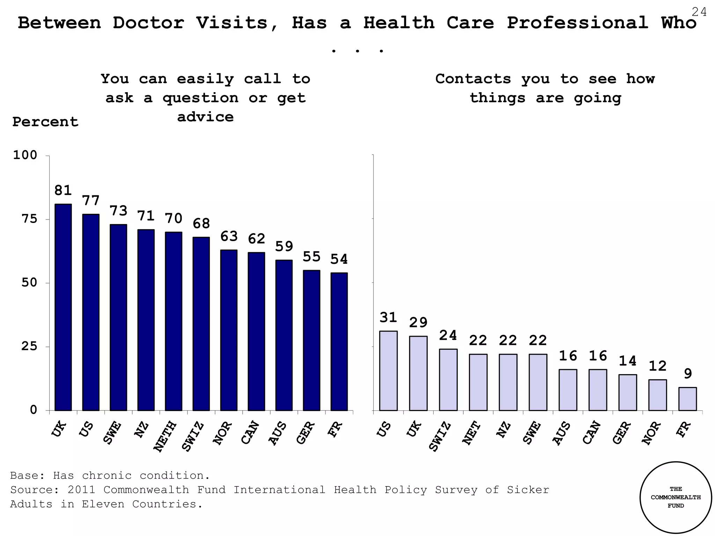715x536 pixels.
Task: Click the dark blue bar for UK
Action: coord(63,307)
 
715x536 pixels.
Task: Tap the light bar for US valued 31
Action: coord(388,371)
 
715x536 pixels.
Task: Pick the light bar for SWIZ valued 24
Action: coord(448,380)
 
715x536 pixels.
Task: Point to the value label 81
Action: coord(63,191)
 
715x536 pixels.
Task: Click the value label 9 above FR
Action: coord(688,374)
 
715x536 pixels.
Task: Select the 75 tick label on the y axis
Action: coord(30,219)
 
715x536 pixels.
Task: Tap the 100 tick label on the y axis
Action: coord(25,155)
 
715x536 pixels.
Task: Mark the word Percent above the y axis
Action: coord(45,122)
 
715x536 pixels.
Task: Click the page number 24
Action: coord(699,12)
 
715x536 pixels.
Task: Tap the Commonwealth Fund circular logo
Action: coord(676,497)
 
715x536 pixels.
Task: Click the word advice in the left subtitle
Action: coord(205,117)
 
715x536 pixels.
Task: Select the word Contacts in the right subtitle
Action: coord(473,79)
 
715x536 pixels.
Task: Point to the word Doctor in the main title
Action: coord(148,23)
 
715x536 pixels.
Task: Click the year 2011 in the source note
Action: coord(82,490)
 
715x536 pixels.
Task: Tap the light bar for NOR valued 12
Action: coord(657,395)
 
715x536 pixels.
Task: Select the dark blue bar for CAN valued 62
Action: coord(256,331)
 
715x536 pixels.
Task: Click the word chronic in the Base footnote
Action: coord(106,475)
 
